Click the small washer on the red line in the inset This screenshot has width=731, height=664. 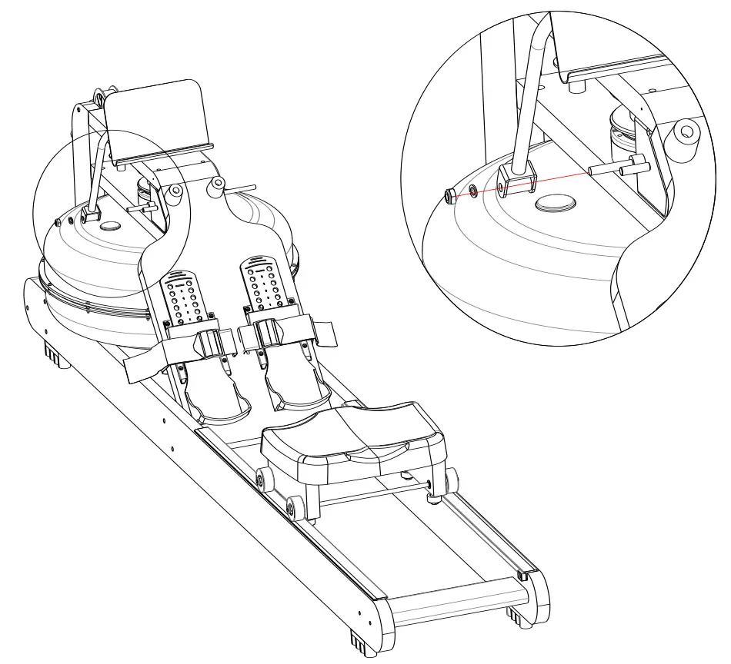[472, 190]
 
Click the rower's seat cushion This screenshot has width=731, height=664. [353, 439]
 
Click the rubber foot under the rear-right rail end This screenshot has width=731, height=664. [515, 614]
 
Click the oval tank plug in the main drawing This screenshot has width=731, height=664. [110, 227]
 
